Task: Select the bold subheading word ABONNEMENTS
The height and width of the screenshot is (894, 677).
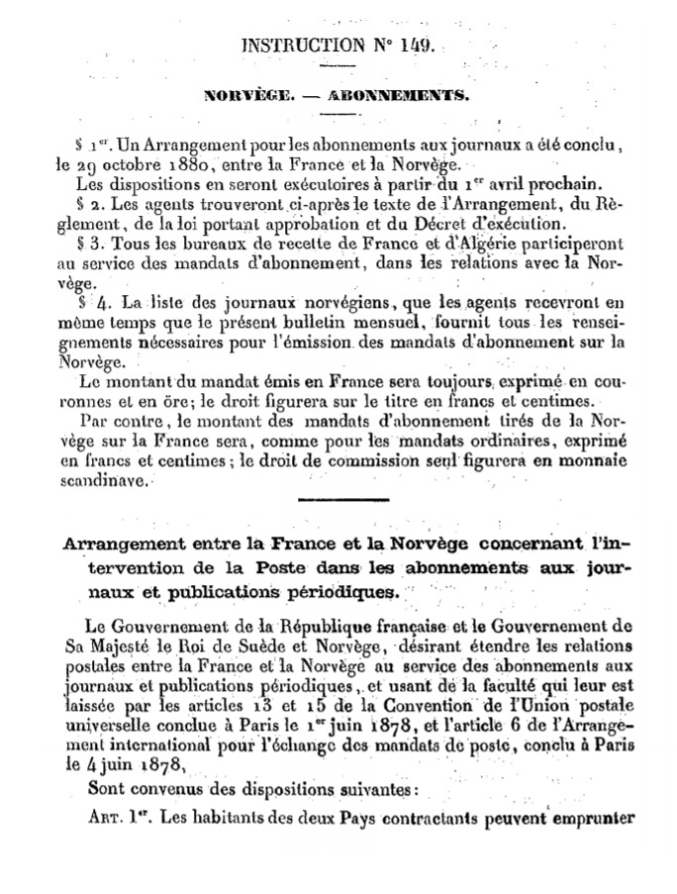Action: click(x=409, y=97)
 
